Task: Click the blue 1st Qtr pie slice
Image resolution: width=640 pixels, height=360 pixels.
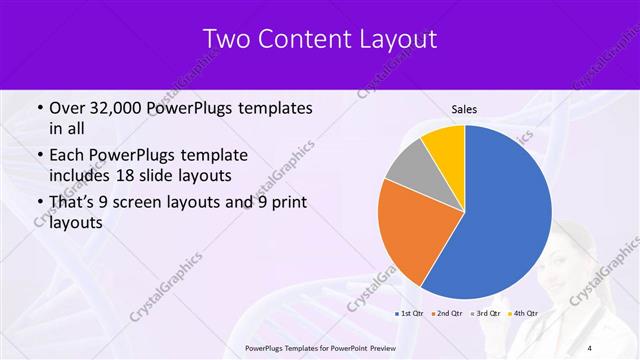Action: point(500,220)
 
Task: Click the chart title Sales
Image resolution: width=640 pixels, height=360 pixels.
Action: point(464,108)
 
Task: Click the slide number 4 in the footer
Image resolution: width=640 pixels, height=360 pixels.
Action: point(589,348)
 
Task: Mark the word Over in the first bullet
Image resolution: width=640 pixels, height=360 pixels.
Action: point(67,108)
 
